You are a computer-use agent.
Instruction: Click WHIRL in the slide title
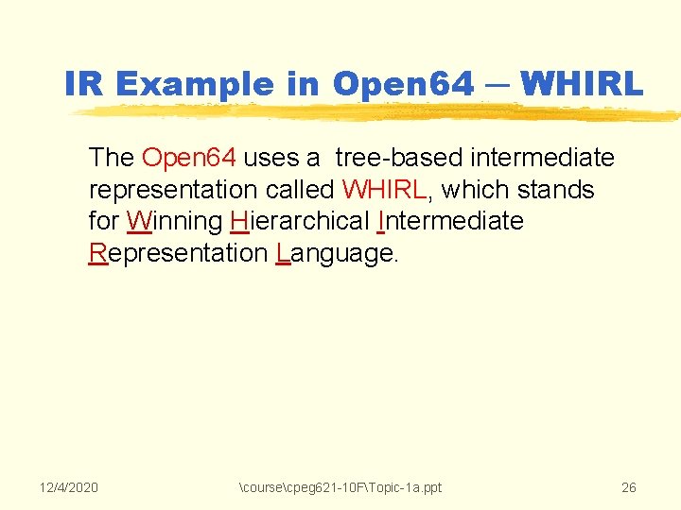click(582, 84)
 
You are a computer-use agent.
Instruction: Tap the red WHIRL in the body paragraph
click(385, 189)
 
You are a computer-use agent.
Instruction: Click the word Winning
click(174, 221)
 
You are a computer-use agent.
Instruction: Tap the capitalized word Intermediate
click(449, 221)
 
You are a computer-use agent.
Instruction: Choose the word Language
click(335, 253)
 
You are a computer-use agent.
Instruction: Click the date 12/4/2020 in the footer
click(69, 487)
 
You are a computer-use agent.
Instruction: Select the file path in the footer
click(341, 487)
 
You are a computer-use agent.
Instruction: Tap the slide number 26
click(628, 487)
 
